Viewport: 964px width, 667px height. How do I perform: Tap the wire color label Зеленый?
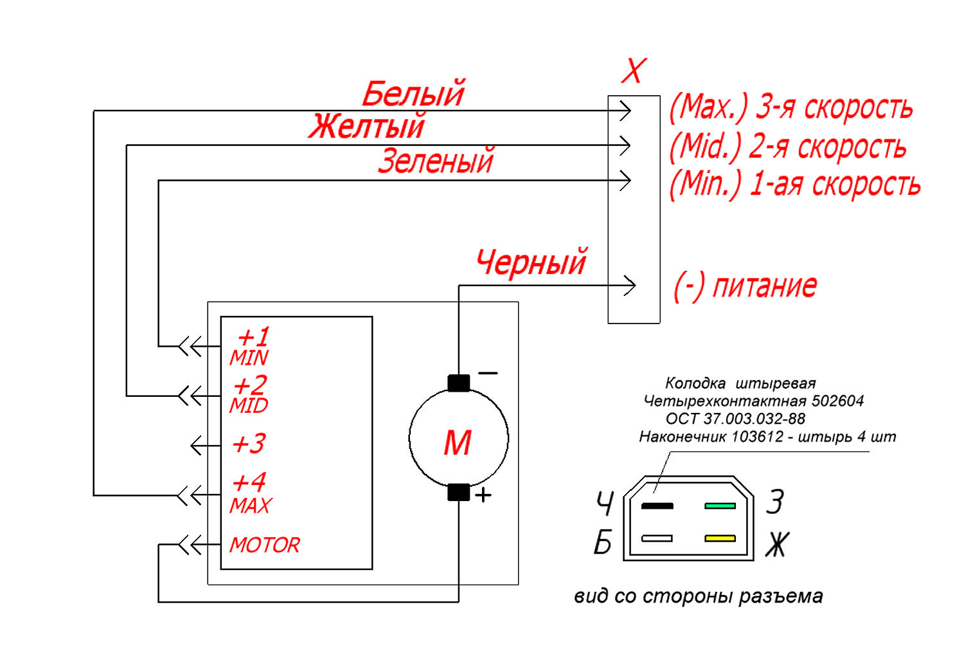point(436,161)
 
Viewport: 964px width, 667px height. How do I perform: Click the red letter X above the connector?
point(634,71)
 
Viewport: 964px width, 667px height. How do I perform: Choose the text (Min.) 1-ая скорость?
point(794,185)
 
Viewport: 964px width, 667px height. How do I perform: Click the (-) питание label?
point(745,286)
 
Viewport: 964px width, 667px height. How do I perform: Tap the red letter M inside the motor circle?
point(458,443)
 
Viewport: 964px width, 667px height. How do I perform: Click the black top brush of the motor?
point(458,383)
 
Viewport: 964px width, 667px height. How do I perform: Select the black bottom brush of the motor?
point(458,492)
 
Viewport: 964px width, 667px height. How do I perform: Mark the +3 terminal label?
point(249,444)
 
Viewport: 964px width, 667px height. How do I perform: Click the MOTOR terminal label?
point(265,545)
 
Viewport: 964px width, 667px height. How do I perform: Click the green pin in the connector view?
point(720,506)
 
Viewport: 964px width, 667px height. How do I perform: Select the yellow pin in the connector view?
point(720,538)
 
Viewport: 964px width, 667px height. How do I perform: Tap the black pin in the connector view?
point(657,506)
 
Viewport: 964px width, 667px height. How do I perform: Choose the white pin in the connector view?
point(657,538)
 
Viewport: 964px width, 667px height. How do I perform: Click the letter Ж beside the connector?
point(777,545)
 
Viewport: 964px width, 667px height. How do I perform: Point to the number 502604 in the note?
point(837,401)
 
